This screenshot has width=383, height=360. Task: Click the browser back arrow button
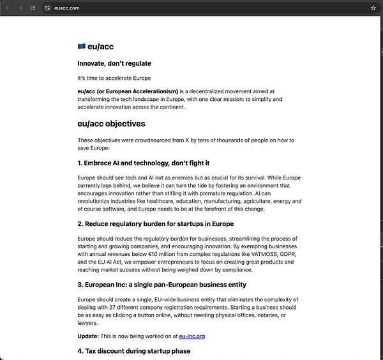tap(7, 8)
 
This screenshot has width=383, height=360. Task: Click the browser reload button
tap(32, 8)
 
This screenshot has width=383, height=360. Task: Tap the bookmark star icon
tap(373, 8)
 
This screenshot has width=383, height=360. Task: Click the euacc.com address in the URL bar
tap(67, 8)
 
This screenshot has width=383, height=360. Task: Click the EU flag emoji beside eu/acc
tap(81, 46)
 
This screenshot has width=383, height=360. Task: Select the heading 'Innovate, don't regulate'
tap(114, 63)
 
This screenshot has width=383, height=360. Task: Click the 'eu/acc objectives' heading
tap(111, 124)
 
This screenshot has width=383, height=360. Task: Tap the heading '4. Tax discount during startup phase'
tap(133, 351)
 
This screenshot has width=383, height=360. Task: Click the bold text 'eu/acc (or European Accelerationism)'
tap(128, 91)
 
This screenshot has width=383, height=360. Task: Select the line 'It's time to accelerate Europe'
tap(114, 78)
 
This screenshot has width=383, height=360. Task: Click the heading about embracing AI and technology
tap(144, 163)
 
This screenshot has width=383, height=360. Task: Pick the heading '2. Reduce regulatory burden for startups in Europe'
tap(155, 223)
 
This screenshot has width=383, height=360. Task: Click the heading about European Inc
tap(161, 284)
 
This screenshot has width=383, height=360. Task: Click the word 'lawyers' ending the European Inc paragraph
tap(87, 323)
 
